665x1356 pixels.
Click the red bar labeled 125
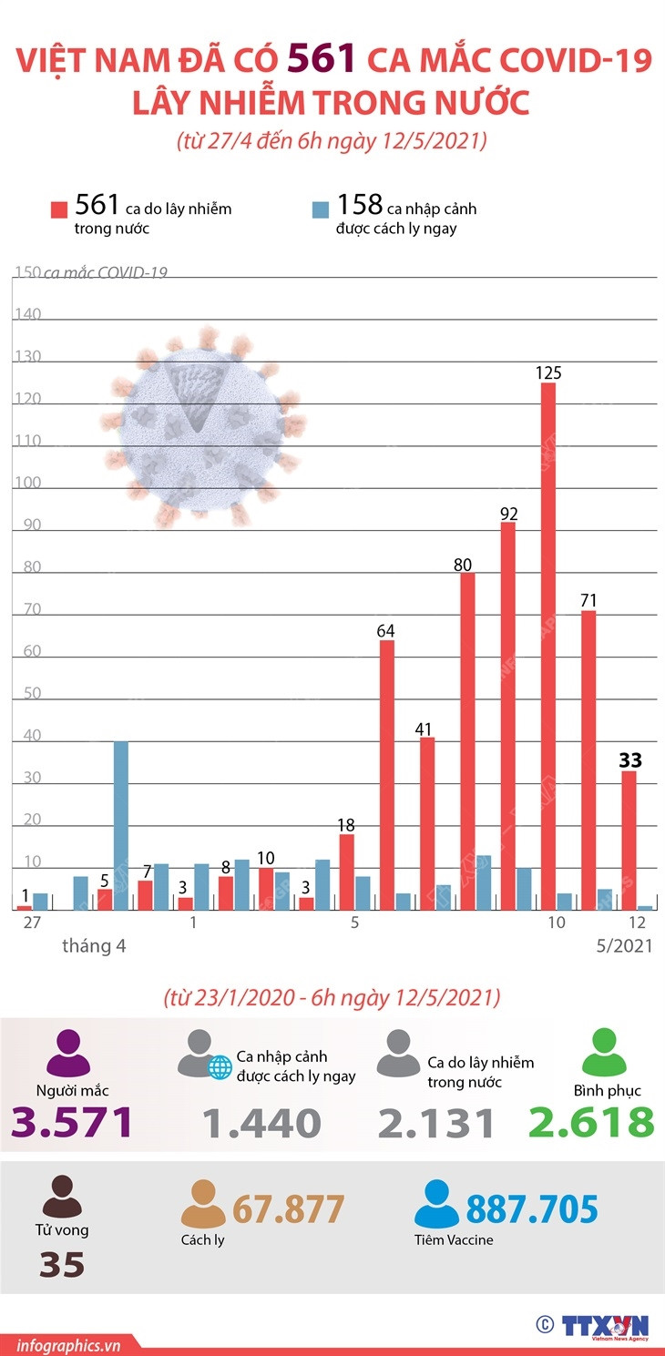pos(548,646)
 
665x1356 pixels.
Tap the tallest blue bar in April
pos(120,825)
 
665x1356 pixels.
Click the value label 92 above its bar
pos(508,515)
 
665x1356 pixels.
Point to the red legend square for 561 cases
pos(59,209)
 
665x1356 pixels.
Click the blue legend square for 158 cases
pos(320,209)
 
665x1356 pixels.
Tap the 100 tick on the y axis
pos(27,484)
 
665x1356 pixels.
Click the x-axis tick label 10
pos(556,923)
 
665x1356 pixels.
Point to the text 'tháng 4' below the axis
pos(94,946)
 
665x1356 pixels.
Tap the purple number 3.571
pos(73,1123)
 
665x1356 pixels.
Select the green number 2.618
pos(591,1123)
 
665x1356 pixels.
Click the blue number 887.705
pos(532,1209)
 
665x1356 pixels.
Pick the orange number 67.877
pos(289,1209)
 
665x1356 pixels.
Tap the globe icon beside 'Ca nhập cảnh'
pos(220,1068)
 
